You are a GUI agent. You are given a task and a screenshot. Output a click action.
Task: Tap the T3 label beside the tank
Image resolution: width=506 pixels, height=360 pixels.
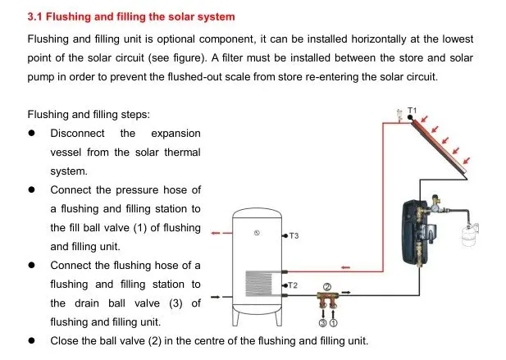click(x=294, y=236)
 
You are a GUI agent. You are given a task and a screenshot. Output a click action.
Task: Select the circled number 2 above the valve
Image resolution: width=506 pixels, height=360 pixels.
click(x=326, y=286)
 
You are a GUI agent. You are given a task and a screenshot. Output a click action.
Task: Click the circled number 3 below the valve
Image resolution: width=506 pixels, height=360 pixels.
click(x=322, y=324)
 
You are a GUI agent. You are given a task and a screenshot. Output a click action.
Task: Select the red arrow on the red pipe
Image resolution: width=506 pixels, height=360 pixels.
click(x=347, y=266)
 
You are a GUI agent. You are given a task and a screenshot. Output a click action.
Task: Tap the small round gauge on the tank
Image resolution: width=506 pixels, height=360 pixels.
click(x=257, y=232)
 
